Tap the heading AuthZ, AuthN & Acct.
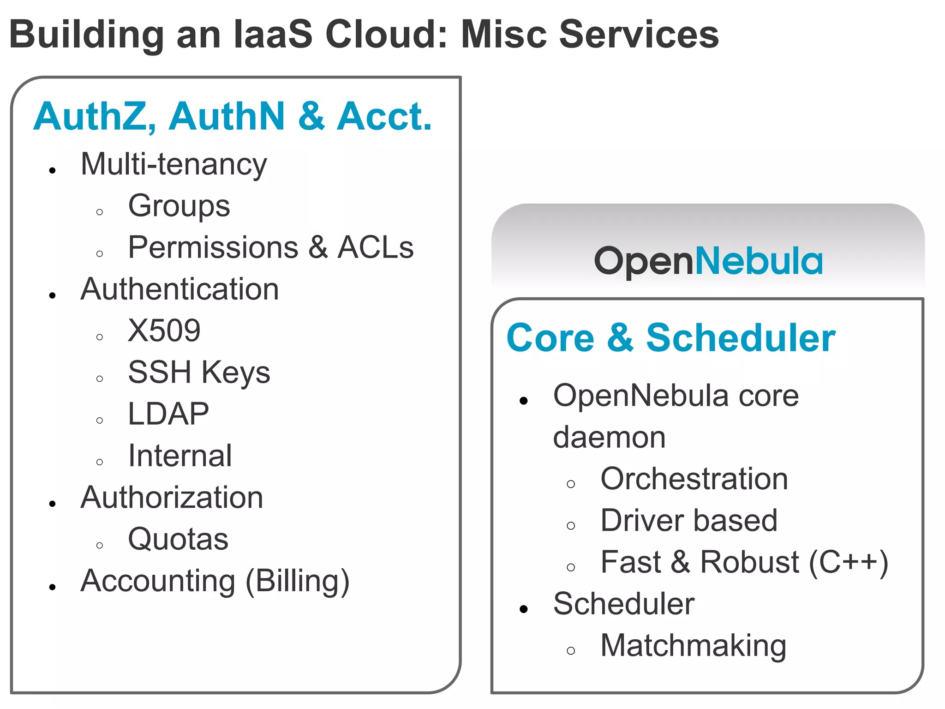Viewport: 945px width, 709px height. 233,116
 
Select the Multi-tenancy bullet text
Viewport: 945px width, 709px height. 173,164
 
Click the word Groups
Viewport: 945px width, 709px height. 179,206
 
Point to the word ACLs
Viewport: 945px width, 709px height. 376,247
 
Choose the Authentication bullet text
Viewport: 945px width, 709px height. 179,289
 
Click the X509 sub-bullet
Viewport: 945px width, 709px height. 164,331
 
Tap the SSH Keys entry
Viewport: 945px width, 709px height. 199,373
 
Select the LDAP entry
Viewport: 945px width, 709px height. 168,414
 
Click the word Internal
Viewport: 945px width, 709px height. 180,456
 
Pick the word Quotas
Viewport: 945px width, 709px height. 178,539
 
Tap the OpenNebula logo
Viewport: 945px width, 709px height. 708,261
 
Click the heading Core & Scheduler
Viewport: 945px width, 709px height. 670,338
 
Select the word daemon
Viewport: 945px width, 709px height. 609,438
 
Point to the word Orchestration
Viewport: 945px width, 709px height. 694,479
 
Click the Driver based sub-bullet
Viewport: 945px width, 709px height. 689,521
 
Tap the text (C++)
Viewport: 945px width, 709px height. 849,563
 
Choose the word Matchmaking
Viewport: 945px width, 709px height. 693,646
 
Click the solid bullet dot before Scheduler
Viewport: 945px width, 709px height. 523,609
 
